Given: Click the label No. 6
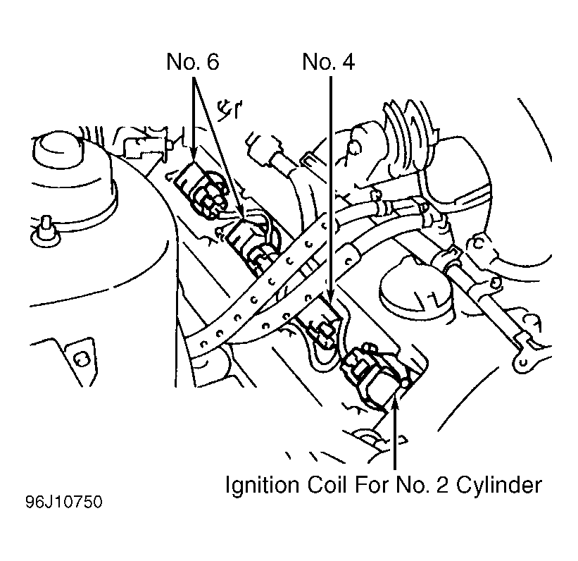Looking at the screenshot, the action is click(x=193, y=61).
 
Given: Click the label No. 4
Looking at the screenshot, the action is click(x=329, y=61).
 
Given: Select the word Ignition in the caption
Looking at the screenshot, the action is click(x=262, y=486).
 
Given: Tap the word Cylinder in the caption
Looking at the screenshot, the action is click(x=499, y=486).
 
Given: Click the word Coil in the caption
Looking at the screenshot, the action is click(x=327, y=485).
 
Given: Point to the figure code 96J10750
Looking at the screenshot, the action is click(x=64, y=503).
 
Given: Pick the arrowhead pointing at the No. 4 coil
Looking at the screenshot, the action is click(x=330, y=295).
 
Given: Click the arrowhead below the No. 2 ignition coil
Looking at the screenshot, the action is click(x=395, y=400).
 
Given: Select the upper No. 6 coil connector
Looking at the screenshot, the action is click(x=201, y=191).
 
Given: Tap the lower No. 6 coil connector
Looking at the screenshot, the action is click(x=253, y=245).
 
